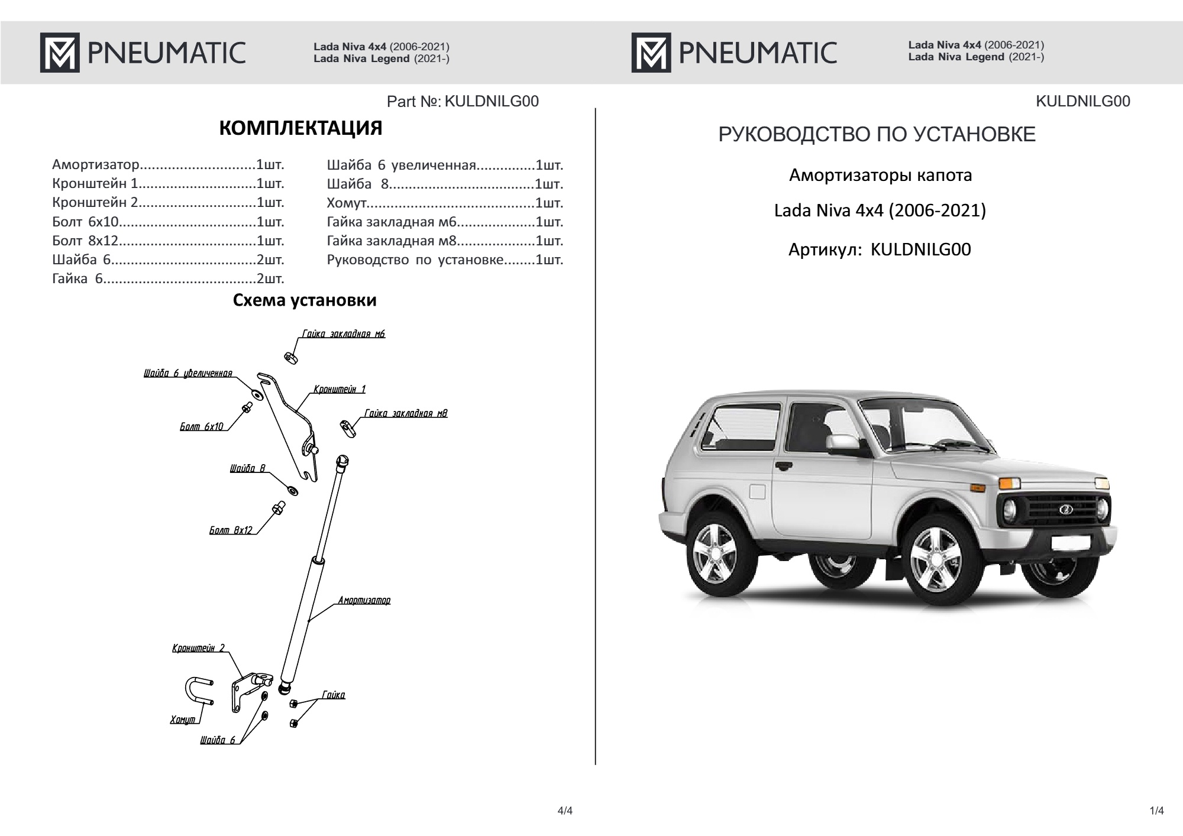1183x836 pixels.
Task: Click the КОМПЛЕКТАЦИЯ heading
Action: coord(300,128)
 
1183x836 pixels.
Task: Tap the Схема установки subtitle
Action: coord(305,300)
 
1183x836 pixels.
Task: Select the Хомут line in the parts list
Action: coord(445,203)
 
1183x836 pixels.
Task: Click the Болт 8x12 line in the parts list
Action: coord(168,241)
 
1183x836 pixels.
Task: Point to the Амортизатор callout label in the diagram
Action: coord(364,601)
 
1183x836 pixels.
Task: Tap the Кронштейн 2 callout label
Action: coord(198,648)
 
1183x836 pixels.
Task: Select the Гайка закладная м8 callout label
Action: coord(406,413)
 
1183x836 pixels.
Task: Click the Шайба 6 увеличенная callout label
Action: coord(188,373)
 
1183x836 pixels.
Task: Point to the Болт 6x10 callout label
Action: coord(201,426)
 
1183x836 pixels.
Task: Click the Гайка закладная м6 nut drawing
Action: coord(290,358)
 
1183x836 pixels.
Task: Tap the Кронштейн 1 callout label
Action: coord(340,389)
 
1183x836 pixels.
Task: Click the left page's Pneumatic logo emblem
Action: coord(60,53)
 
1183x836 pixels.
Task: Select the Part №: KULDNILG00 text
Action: coord(463,102)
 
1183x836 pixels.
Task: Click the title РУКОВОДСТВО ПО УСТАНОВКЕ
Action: coord(877,135)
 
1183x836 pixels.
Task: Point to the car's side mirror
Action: coord(842,442)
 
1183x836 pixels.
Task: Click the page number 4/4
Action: coord(565,811)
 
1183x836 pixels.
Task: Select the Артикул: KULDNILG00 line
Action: coord(880,249)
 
